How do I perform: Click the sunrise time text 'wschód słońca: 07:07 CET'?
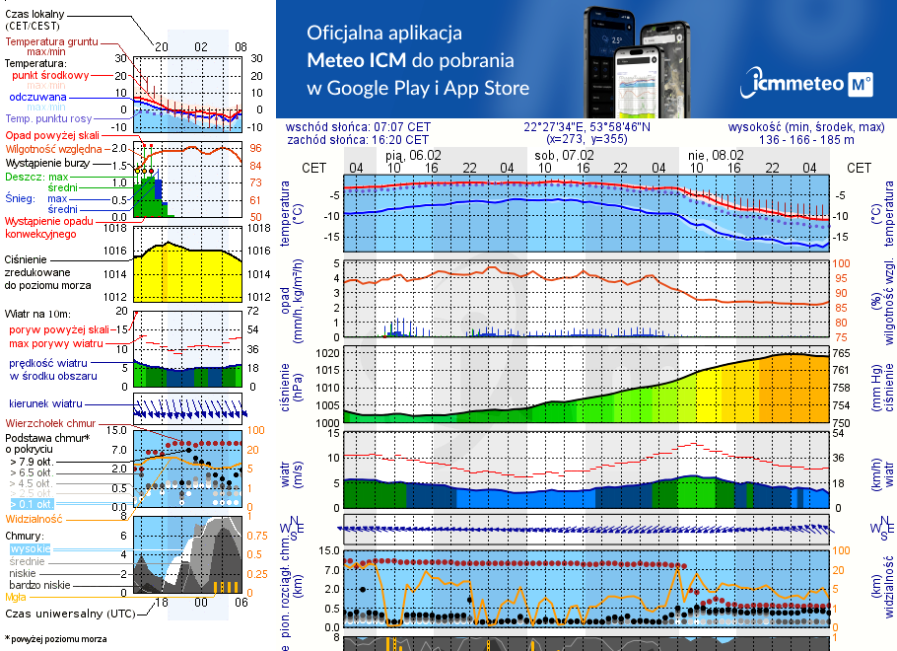(372, 127)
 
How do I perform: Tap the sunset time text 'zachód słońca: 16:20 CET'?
(372, 140)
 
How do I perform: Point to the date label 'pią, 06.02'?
(413, 155)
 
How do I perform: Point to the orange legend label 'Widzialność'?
(34, 518)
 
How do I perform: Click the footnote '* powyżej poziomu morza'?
(55, 639)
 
